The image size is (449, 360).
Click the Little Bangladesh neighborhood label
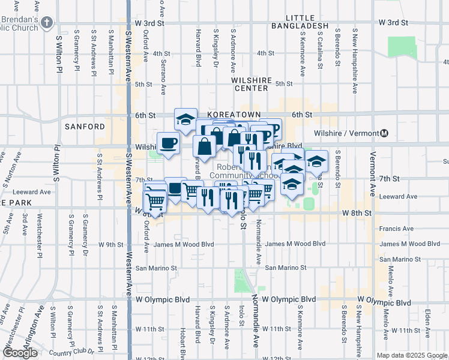point(300,22)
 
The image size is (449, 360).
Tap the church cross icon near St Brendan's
point(47,22)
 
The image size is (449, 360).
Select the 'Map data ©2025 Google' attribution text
point(411,355)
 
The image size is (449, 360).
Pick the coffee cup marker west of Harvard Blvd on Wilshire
point(168,143)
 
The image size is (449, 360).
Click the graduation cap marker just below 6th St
point(186,119)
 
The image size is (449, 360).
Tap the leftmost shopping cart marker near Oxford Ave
point(155,201)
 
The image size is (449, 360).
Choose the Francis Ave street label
point(396,229)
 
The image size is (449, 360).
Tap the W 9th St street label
point(110,244)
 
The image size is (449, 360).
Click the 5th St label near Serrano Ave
point(143,85)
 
